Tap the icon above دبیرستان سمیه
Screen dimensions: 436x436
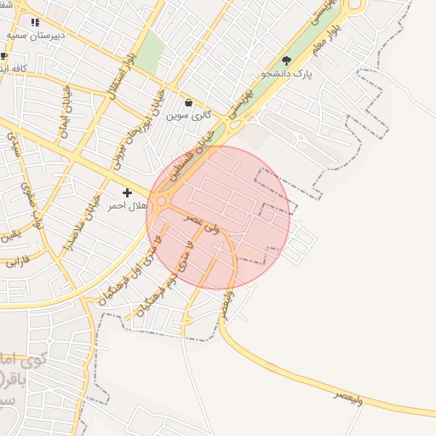[x=34, y=22]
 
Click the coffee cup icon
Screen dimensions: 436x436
[x=4, y=56]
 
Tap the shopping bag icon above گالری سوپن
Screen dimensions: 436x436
[x=188, y=102]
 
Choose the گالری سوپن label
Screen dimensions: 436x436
[x=188, y=115]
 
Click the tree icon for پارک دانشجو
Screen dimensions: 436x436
[x=286, y=60]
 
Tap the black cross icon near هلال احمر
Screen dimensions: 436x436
[x=128, y=193]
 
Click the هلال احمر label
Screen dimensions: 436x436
[x=128, y=206]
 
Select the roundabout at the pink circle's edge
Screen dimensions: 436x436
[x=160, y=202]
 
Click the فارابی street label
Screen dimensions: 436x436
[x=17, y=261]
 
